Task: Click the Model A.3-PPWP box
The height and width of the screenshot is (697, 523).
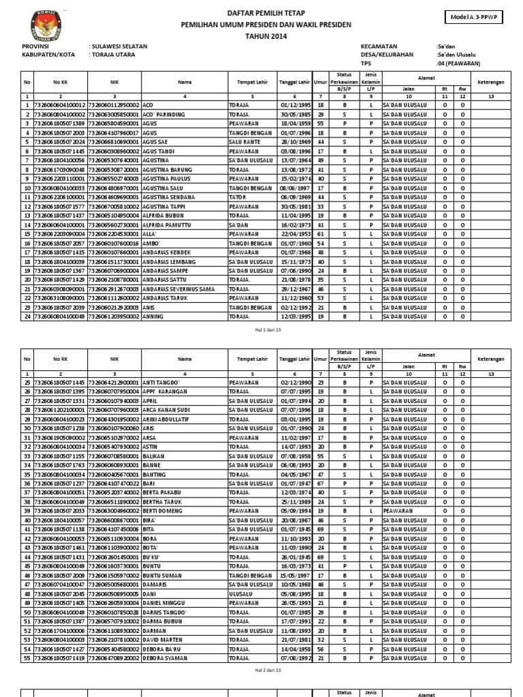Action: [475, 17]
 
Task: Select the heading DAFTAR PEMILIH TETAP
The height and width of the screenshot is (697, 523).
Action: [266, 13]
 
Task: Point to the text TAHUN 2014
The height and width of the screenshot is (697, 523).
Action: [266, 35]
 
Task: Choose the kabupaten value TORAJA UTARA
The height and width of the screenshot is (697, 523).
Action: [110, 54]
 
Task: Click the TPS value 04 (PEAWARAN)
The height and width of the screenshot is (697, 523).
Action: [459, 63]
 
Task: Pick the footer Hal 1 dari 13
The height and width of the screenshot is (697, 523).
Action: [267, 329]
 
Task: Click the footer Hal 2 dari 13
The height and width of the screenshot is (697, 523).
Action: [267, 670]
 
